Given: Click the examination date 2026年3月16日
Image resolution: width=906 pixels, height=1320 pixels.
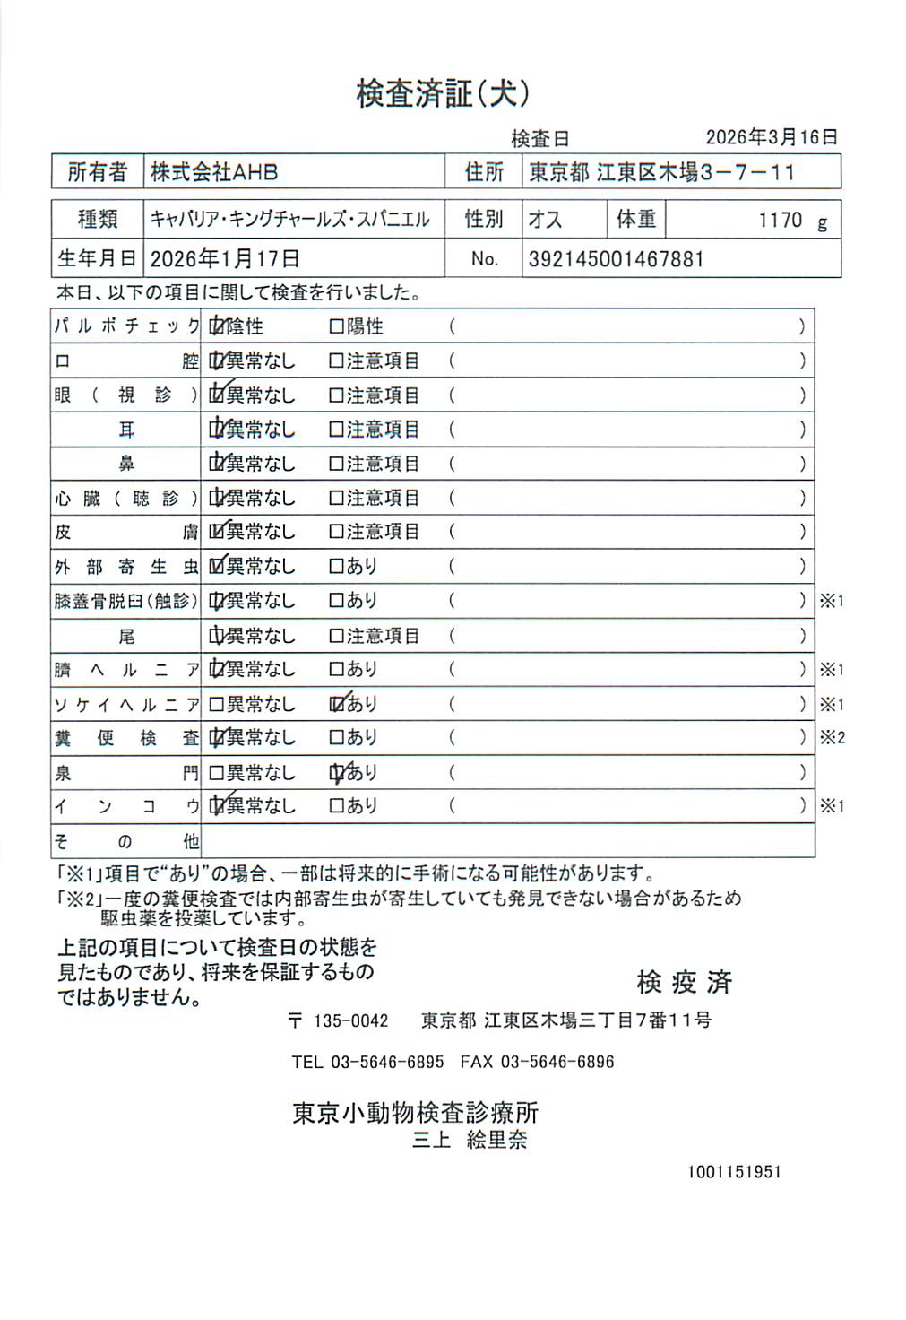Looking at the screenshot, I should [x=771, y=137].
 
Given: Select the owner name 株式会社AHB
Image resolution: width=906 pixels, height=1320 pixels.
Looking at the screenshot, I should [x=214, y=172].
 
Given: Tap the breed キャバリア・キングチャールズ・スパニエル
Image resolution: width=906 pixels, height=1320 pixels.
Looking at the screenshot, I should [x=289, y=220].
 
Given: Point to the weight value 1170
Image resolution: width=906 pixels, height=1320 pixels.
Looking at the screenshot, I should [x=780, y=221].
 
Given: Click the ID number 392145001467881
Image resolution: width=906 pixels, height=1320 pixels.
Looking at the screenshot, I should [x=616, y=260].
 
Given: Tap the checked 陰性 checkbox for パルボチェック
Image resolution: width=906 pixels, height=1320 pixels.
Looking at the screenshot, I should [x=217, y=327].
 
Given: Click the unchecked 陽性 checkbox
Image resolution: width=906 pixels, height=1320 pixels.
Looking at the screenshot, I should [x=337, y=327].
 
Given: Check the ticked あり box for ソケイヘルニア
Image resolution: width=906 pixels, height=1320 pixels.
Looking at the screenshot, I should [x=337, y=705].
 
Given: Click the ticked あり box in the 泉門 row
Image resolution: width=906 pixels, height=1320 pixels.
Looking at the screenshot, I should [x=337, y=773].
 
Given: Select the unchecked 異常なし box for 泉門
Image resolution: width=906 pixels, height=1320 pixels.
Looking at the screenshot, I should [x=216, y=773].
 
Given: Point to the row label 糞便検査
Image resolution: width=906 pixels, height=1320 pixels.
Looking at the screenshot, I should [x=125, y=739].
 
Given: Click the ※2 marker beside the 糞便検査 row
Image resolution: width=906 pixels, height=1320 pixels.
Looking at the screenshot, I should [x=832, y=738].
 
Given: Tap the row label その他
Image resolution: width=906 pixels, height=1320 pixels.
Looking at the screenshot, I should [x=125, y=841].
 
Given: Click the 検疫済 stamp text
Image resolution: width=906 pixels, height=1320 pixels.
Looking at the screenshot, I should [x=684, y=982].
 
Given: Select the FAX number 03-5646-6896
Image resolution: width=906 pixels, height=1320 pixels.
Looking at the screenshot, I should [x=557, y=1063].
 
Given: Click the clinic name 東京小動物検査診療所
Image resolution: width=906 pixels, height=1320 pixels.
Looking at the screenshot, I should [x=415, y=1113].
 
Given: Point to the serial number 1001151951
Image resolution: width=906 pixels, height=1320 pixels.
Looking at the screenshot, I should [x=734, y=1172].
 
